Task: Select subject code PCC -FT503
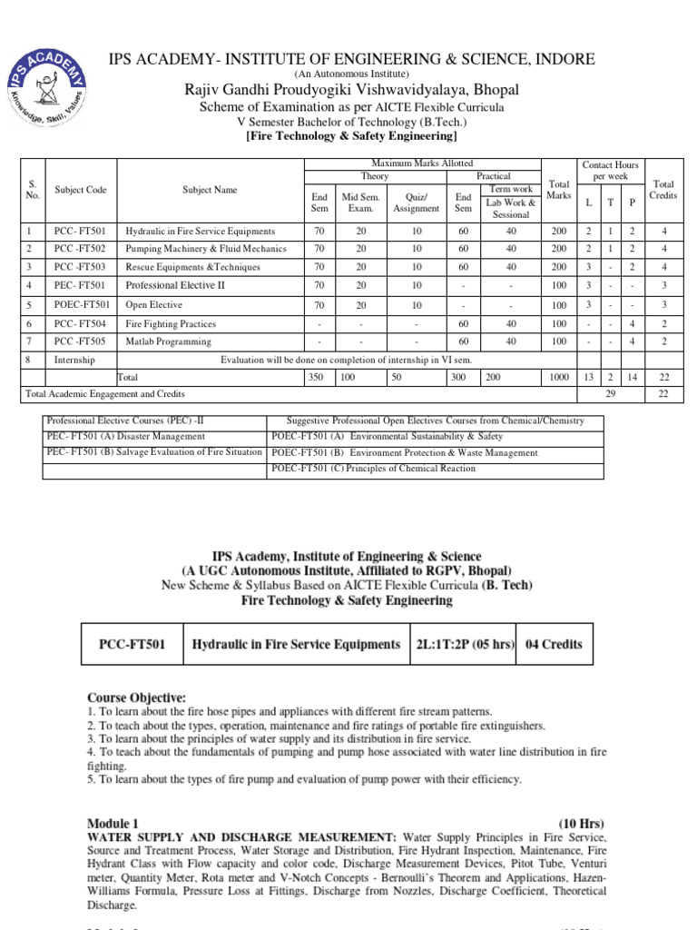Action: point(80,267)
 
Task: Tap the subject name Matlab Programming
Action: point(168,341)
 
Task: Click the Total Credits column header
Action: point(663,189)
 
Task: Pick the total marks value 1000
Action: point(558,375)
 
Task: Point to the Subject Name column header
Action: point(210,190)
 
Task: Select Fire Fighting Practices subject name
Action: point(171,323)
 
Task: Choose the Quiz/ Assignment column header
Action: point(416,201)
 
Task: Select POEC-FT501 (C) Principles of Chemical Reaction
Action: point(373,468)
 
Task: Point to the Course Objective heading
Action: point(136,697)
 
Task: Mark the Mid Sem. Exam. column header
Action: point(360,201)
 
